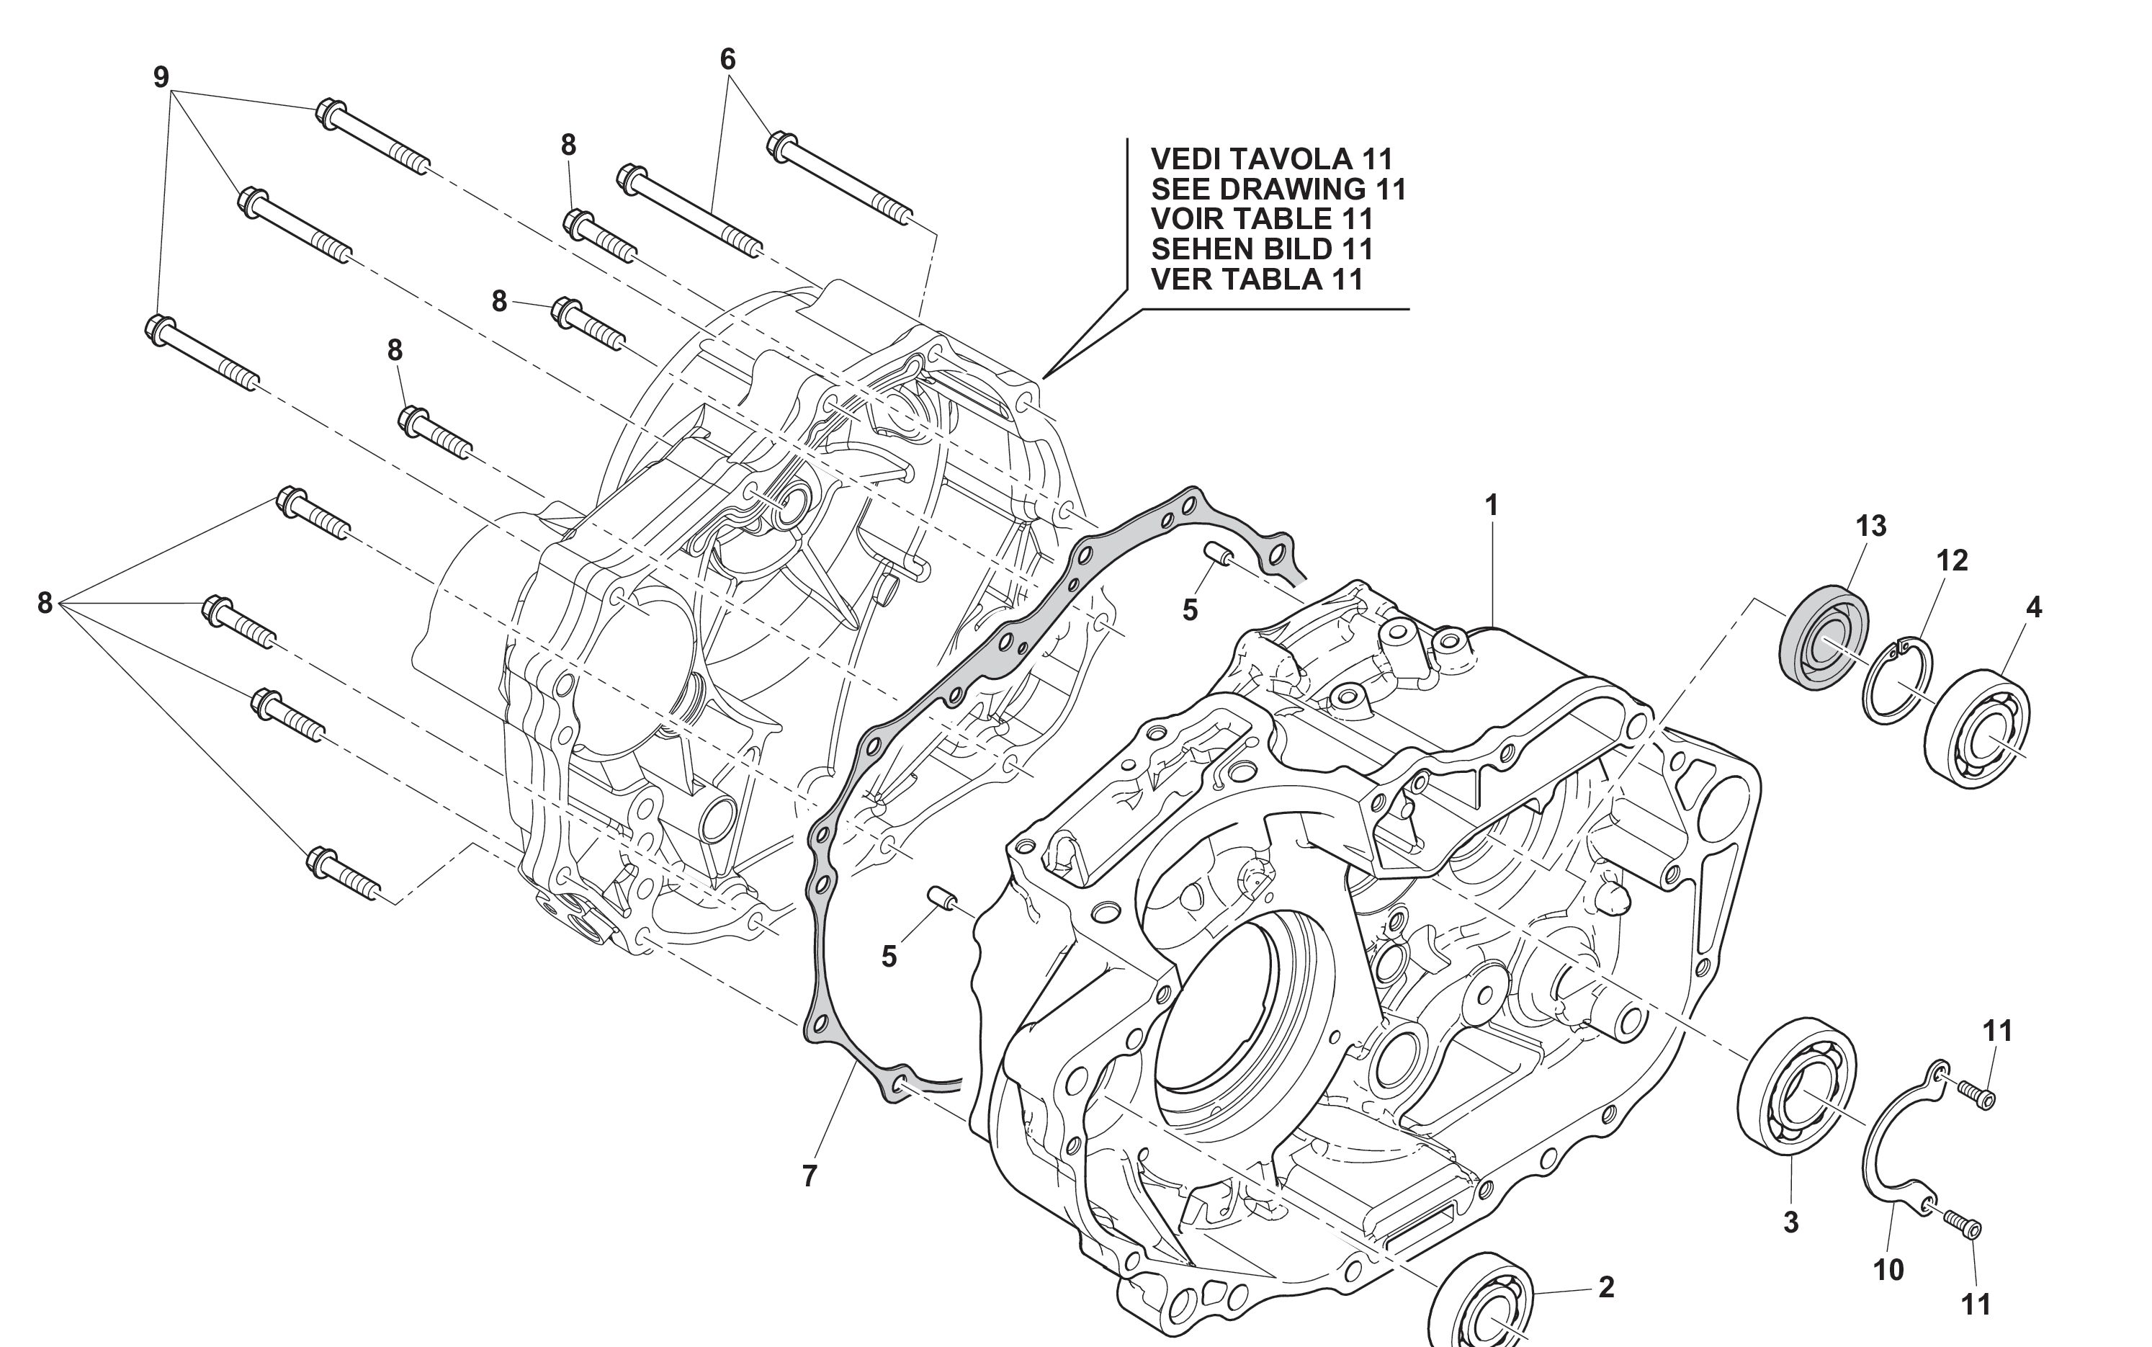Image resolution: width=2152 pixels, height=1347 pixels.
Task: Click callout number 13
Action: (x=1870, y=527)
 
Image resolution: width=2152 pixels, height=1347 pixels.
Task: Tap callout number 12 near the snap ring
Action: (x=1950, y=560)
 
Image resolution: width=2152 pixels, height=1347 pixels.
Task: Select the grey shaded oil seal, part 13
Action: (x=1824, y=636)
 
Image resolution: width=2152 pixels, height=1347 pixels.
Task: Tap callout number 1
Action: (x=1491, y=506)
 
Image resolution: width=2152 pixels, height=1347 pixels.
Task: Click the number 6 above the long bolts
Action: (x=727, y=60)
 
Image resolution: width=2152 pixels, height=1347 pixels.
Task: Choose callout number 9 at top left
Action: (x=161, y=78)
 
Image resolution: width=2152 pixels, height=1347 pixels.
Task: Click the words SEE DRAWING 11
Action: (x=1278, y=189)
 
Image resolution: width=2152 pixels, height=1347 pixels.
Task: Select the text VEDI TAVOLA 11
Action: (x=1271, y=158)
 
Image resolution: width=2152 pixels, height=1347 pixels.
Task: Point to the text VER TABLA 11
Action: (x=1257, y=279)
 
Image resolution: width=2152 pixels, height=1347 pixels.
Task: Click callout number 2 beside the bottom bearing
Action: (x=1606, y=1287)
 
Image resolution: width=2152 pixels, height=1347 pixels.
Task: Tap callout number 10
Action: (x=1888, y=1269)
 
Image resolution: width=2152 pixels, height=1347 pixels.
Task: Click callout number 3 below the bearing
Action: (x=1790, y=1222)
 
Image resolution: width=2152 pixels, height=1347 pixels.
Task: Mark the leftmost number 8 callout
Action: (x=45, y=603)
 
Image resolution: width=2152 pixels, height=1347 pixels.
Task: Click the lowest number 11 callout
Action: (x=1976, y=1305)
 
